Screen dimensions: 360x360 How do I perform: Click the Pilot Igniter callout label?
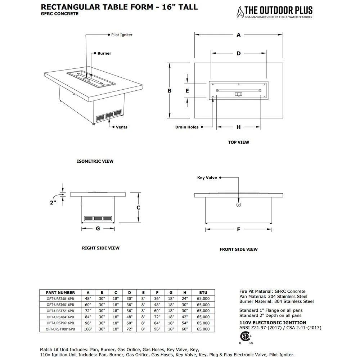(122, 35)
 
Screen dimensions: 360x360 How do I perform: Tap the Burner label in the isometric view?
(104, 53)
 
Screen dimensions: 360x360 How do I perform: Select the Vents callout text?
(121, 127)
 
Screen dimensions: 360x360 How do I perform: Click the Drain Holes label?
(187, 127)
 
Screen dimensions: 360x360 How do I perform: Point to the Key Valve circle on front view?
(238, 205)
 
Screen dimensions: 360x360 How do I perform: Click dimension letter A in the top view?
(238, 35)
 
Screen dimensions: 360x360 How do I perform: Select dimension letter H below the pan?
(238, 127)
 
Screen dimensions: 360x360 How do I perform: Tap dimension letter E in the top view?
(187, 91)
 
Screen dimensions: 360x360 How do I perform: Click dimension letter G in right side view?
(98, 229)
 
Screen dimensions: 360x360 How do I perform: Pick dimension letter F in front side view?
(238, 229)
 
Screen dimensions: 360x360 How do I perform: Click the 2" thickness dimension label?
(53, 203)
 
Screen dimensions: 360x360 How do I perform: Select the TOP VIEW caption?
(238, 142)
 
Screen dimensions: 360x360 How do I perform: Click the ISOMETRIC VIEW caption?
(95, 161)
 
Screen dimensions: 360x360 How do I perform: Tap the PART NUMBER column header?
(60, 293)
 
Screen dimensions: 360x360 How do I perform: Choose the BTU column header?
(203, 293)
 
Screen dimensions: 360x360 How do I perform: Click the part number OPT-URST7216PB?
(60, 311)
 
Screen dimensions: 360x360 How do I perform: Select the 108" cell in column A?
(88, 329)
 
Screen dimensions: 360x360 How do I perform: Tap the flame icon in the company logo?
(239, 13)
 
